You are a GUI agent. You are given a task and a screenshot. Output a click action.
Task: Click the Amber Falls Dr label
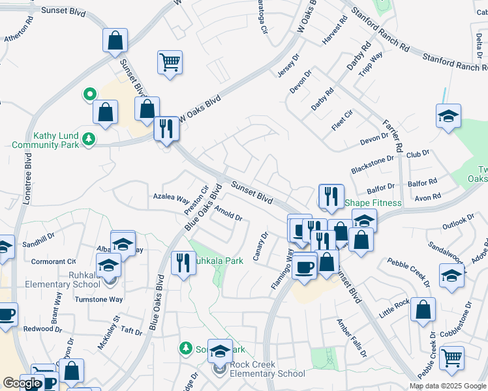pyautogui.click(x=352, y=337)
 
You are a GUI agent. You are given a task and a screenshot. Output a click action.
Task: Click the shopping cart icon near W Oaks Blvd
pyautogui.click(x=170, y=63)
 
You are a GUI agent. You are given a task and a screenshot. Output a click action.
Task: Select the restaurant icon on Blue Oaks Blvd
pyautogui.click(x=183, y=262)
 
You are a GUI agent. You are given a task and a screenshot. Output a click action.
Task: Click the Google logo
pyautogui.click(x=22, y=383)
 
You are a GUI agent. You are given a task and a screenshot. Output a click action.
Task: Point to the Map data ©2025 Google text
pyautogui.click(x=448, y=386)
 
